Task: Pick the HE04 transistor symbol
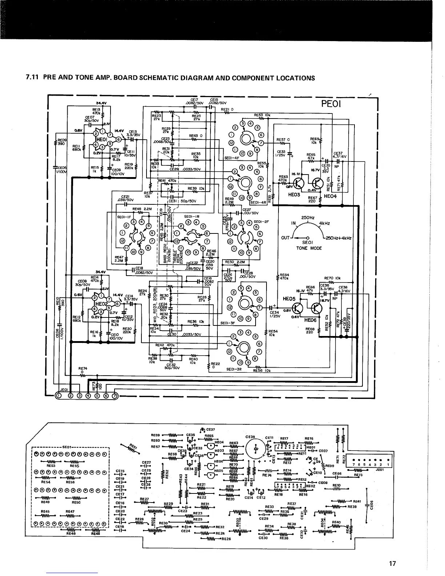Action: [318, 183]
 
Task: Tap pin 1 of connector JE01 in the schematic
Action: [58, 396]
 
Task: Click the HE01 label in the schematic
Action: [101, 139]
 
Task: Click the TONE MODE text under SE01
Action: [309, 248]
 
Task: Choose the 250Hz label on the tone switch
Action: [308, 218]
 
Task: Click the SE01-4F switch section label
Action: [232, 158]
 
